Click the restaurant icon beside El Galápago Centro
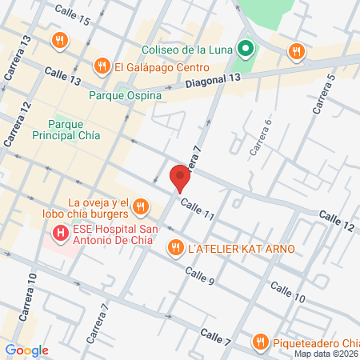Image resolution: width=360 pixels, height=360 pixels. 102,67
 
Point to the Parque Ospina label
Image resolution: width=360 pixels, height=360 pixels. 126,95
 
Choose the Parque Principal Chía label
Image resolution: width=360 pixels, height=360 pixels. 74,130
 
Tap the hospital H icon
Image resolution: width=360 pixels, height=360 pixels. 59,234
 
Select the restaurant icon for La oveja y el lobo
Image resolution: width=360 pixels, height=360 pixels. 140,208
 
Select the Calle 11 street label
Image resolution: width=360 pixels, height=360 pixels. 197,210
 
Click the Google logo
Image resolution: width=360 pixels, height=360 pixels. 26,350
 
